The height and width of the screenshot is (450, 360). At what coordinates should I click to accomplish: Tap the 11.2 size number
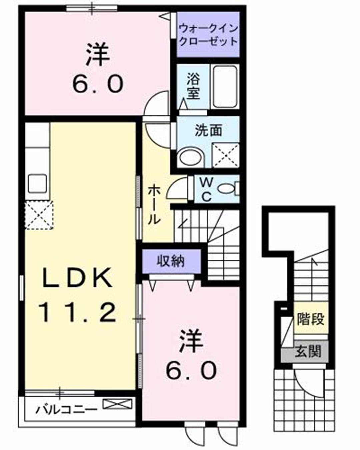click(x=78, y=312)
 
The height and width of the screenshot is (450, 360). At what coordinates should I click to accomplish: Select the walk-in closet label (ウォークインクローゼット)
click(x=208, y=35)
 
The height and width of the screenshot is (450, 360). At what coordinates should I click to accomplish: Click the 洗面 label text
click(x=208, y=130)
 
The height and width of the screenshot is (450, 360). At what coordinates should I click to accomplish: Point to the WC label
click(x=207, y=189)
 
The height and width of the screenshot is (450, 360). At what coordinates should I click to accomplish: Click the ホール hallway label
click(x=154, y=205)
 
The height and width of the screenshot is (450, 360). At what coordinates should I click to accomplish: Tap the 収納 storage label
click(x=171, y=261)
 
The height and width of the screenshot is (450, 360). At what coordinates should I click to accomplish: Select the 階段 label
click(x=310, y=319)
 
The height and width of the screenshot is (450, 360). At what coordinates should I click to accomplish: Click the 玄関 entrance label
click(x=308, y=351)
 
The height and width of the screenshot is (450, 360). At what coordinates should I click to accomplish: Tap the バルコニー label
click(x=67, y=408)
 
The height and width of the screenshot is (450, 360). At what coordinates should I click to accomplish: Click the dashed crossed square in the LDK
click(x=39, y=215)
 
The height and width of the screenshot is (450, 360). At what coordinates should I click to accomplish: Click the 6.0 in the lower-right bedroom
click(x=192, y=370)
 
